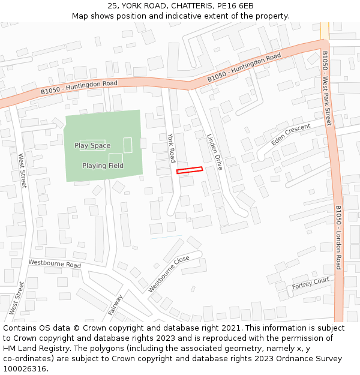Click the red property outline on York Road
tap(190, 170)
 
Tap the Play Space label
tap(92, 146)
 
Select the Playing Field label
tap(103, 166)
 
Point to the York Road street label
tap(171, 148)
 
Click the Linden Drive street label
tap(214, 152)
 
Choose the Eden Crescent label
tap(290, 134)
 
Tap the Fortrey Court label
tap(311, 283)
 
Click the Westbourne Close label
tap(169, 274)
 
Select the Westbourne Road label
tap(55, 263)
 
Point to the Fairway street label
tap(116, 305)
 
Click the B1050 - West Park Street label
tap(326, 88)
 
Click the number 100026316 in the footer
tap(24, 369)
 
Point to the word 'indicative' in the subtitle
tap(187, 16)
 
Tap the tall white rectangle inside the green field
tap(127, 145)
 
